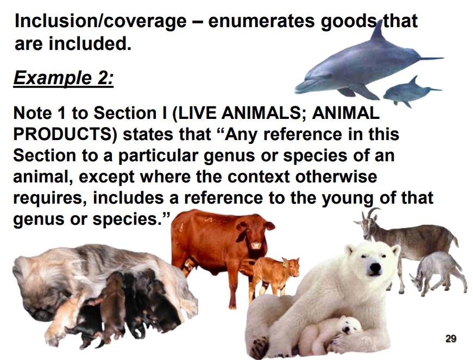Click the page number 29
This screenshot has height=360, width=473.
(451, 339)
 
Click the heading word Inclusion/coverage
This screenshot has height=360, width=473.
(100, 22)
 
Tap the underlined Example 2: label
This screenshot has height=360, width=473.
(64, 78)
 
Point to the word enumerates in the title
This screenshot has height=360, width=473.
(262, 21)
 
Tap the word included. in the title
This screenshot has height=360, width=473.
(90, 43)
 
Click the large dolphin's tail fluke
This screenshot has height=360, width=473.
(431, 58)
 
